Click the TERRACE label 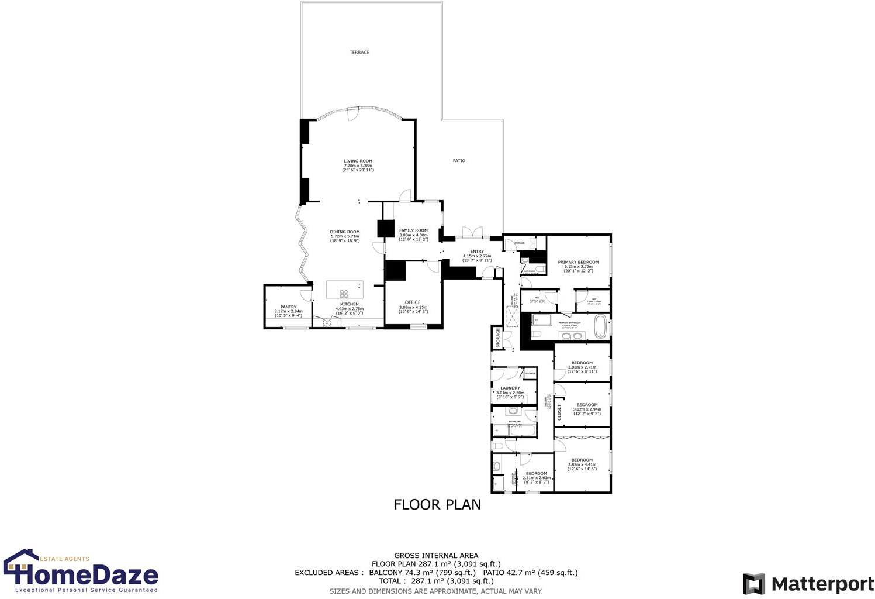tap(359, 53)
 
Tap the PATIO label tap(459, 161)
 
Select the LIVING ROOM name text tap(358, 161)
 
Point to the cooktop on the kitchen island tap(344, 294)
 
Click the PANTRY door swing tap(306, 295)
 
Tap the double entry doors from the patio tap(472, 233)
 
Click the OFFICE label tap(413, 302)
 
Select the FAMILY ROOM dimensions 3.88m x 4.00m tap(413, 235)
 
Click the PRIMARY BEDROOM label tap(578, 263)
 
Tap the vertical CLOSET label tap(559, 412)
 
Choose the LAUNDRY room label tap(510, 388)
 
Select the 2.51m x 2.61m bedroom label tap(536, 474)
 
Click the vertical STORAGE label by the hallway tap(498, 338)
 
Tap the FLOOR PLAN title tap(437, 504)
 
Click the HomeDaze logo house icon tap(21, 564)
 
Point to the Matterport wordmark tap(822, 584)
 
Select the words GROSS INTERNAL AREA tap(436, 556)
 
